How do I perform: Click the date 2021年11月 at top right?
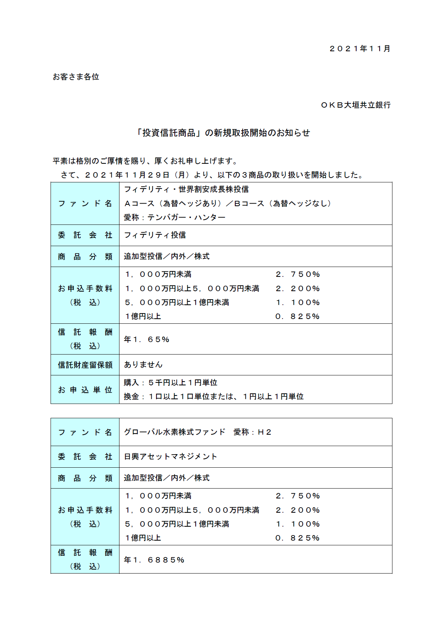click(359, 49)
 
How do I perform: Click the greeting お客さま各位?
click(76, 77)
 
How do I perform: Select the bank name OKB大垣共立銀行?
click(355, 105)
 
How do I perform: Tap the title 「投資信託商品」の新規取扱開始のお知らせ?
click(222, 133)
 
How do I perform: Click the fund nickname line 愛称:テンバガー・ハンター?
click(174, 218)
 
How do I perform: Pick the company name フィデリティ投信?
click(155, 235)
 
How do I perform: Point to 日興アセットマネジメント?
click(170, 457)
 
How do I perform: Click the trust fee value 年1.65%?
click(147, 340)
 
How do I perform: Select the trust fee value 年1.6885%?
click(154, 560)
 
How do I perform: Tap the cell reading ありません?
click(143, 365)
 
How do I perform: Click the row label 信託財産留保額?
click(85, 365)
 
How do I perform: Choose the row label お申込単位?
click(85, 390)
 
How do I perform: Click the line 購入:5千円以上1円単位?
click(170, 383)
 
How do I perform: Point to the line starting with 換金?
click(214, 397)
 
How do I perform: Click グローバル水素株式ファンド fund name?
click(174, 432)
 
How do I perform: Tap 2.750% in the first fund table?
click(298, 274)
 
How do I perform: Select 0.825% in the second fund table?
click(298, 538)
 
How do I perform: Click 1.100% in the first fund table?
click(298, 303)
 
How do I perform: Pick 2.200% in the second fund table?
click(298, 510)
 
